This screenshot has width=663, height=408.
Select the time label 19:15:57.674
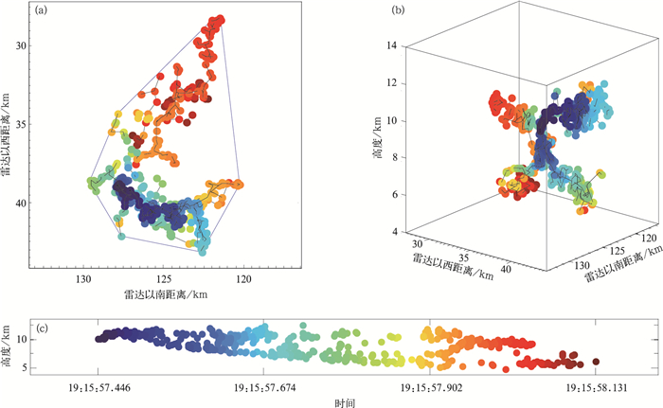pos(259,387)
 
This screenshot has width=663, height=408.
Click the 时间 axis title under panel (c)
pos(345,401)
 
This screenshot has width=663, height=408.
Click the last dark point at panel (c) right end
pos(596,361)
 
